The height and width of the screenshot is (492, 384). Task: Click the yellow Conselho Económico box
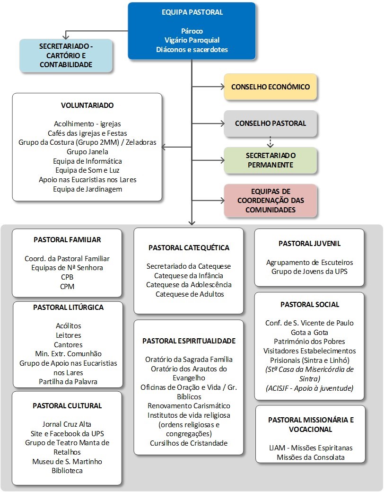coord(270,87)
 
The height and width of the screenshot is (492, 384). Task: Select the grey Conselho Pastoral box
coord(270,123)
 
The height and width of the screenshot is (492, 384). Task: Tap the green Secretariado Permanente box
coord(270,160)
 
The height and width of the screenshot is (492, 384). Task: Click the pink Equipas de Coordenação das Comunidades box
coord(270,201)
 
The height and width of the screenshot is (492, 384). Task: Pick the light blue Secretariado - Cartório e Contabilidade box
coord(66,56)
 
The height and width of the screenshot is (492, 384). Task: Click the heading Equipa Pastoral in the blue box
coord(192,12)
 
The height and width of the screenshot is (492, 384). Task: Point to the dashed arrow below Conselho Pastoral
coord(270,141)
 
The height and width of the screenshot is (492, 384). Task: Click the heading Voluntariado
coord(87,105)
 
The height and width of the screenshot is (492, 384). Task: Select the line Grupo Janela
coord(87,152)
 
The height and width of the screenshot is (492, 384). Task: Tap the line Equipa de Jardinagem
coord(87,189)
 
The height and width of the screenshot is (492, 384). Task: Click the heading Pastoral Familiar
coord(67,240)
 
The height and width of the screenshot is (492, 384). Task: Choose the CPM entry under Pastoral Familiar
coord(67,287)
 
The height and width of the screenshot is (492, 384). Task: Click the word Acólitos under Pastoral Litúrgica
coord(69,326)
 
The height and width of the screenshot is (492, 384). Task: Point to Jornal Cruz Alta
coord(67,424)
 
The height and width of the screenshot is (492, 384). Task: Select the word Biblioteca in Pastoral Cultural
coord(67,471)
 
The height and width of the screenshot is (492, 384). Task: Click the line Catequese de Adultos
coord(188,294)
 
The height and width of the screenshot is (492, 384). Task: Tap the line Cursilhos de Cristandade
coord(188,443)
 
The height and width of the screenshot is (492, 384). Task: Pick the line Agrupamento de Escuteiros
coord(309,263)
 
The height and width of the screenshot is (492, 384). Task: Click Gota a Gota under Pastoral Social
coord(309,332)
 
